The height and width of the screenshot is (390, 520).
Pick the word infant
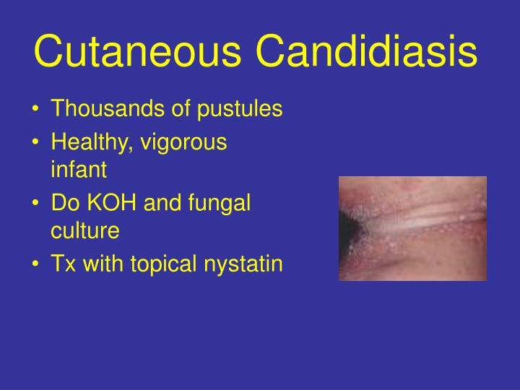pyautogui.click(x=79, y=170)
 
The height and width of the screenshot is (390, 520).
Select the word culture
pyautogui.click(x=84, y=231)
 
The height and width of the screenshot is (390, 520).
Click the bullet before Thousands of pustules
pyautogui.click(x=36, y=111)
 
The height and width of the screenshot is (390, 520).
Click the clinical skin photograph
pyautogui.click(x=412, y=228)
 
